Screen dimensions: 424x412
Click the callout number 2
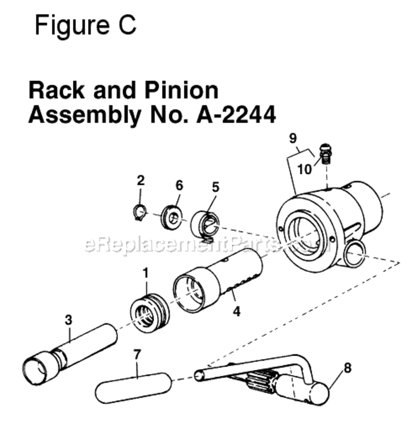click(x=141, y=181)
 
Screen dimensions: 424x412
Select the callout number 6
click(x=179, y=185)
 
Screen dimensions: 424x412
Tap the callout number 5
click(x=215, y=187)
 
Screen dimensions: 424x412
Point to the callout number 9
click(x=292, y=137)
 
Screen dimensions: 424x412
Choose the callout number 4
click(x=236, y=310)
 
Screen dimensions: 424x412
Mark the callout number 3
click(x=68, y=319)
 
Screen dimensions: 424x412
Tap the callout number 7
click(x=137, y=355)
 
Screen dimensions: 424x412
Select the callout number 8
click(x=347, y=367)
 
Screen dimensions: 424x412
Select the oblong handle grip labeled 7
click(x=133, y=388)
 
